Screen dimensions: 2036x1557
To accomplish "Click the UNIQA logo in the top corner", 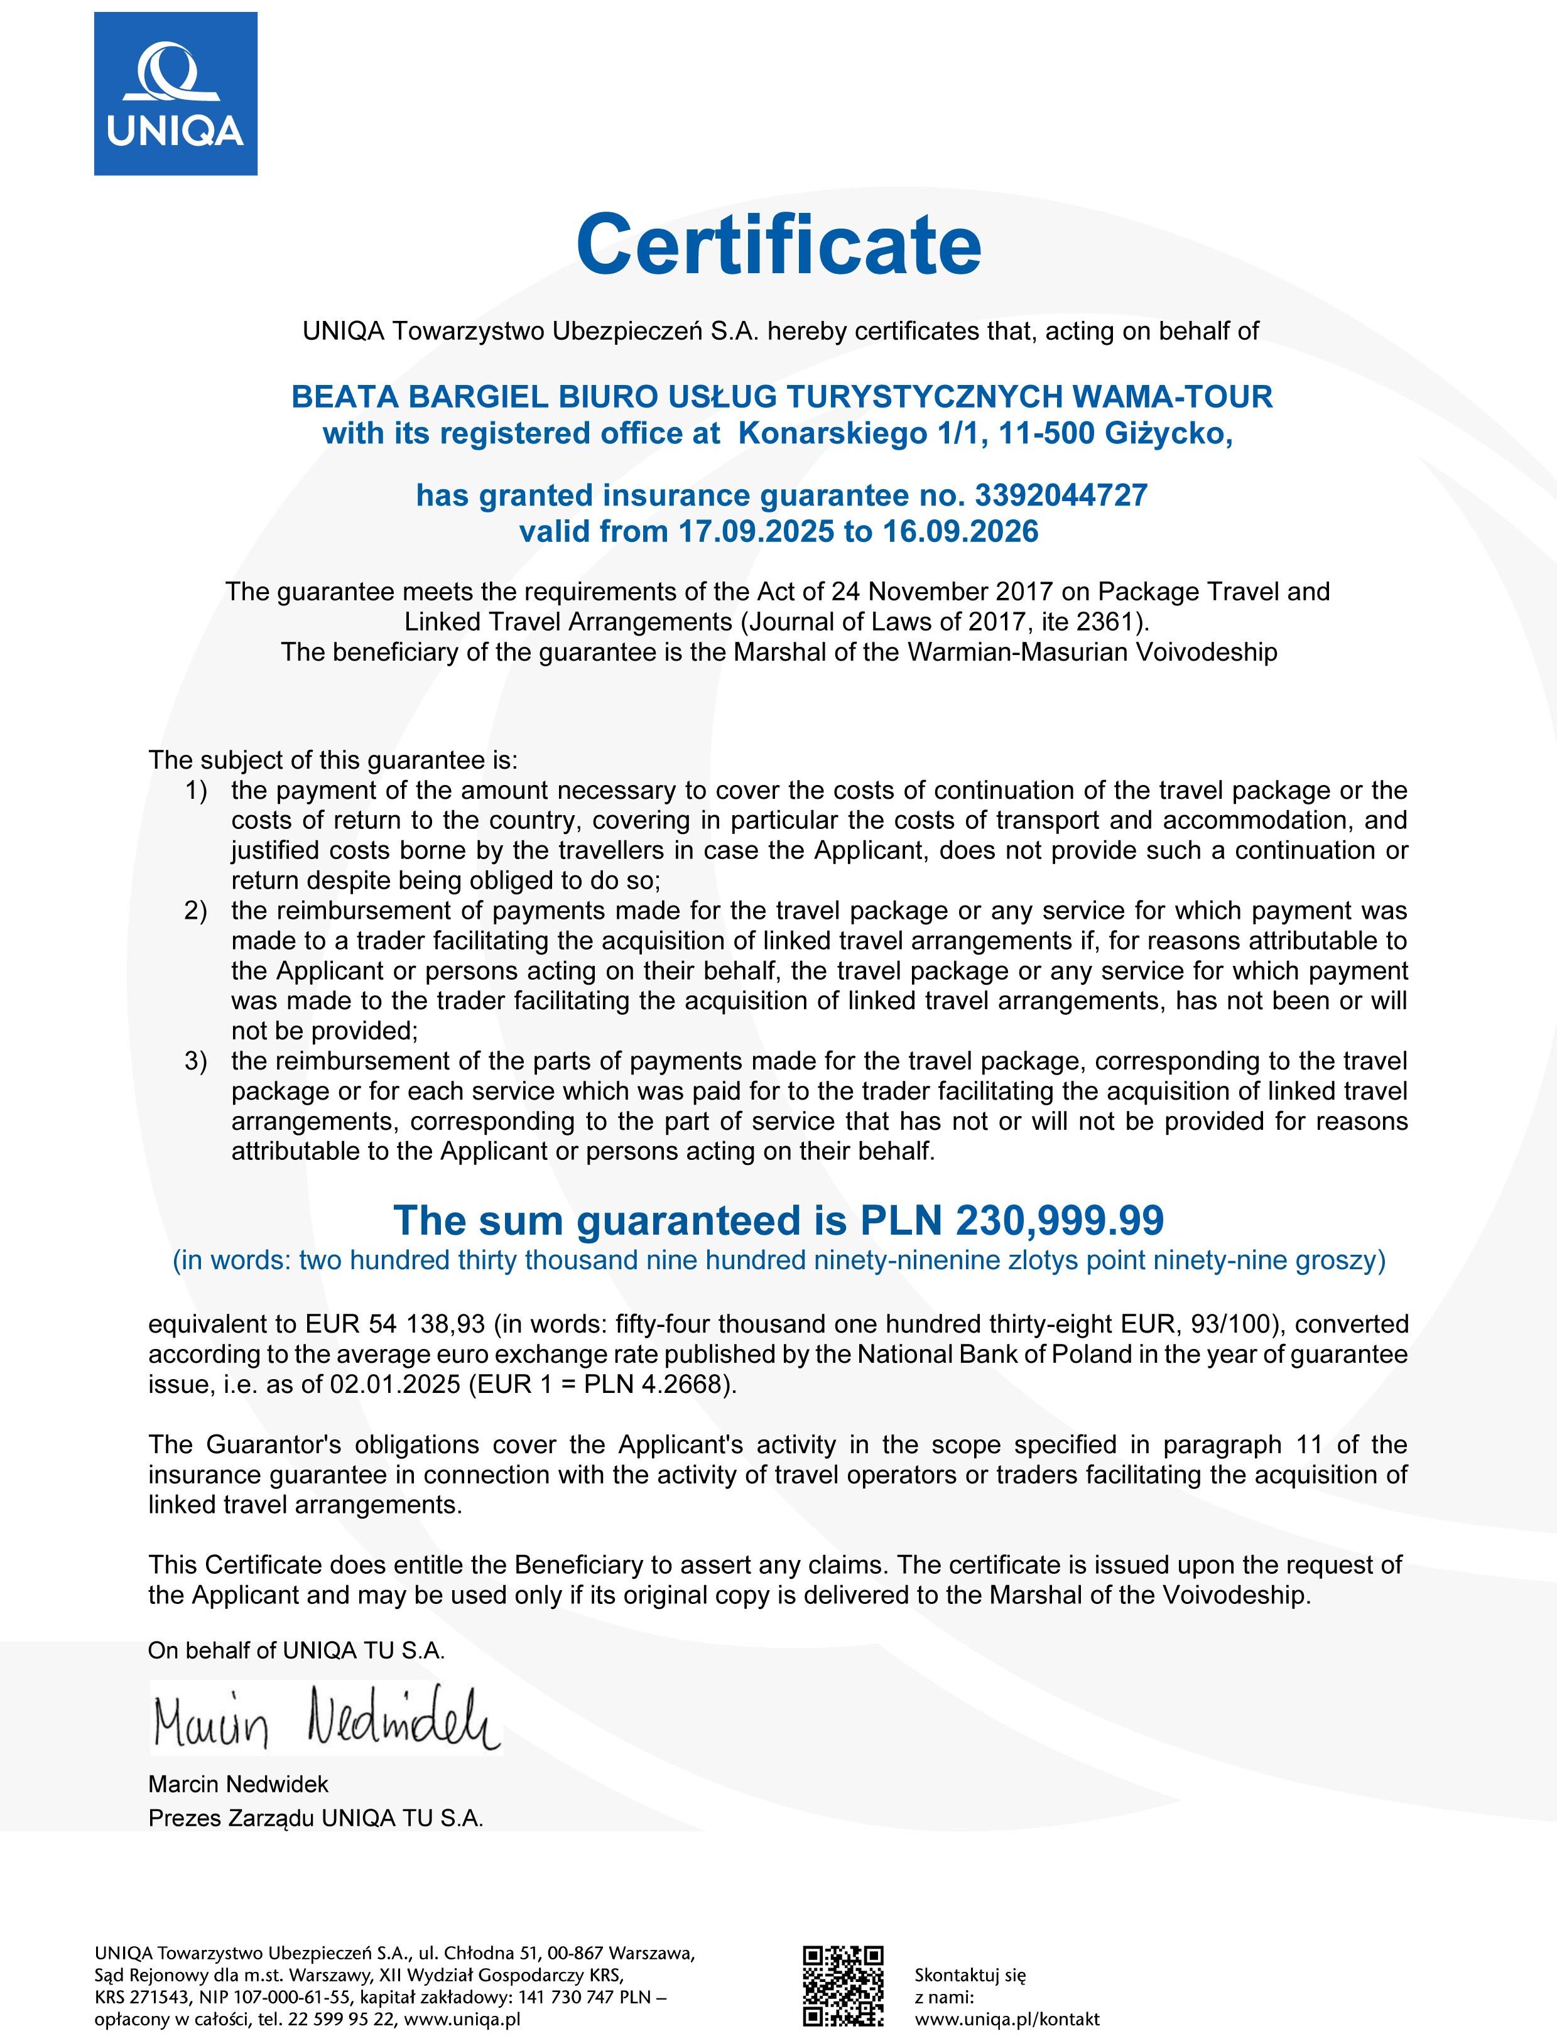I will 175,94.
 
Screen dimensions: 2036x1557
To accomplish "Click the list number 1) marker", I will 195,791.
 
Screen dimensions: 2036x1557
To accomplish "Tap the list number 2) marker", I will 195,911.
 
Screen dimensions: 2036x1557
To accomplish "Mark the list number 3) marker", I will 195,1061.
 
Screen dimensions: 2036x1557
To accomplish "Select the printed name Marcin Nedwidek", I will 238,1784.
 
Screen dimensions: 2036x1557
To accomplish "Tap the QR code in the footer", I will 842,1985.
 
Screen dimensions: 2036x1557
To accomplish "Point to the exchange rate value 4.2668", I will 680,1385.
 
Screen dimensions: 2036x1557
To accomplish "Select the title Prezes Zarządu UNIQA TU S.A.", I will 316,1818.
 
